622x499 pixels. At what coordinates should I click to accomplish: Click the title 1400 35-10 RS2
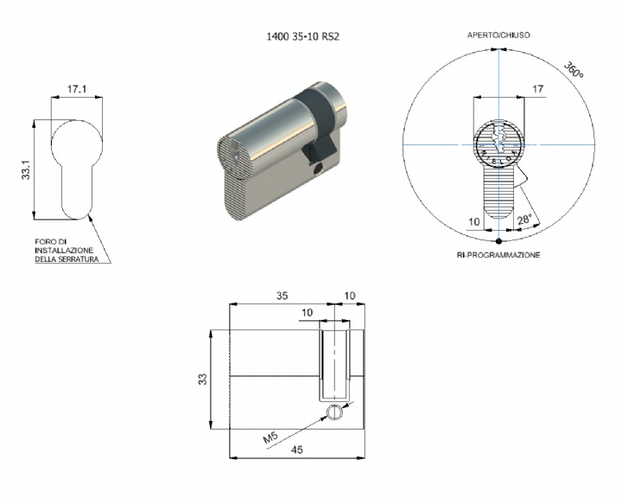click(x=302, y=36)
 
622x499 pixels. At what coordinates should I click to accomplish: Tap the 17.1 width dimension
click(x=77, y=88)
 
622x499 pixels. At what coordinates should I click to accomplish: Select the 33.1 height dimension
click(x=26, y=170)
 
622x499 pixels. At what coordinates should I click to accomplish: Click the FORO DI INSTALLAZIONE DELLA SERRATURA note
click(x=67, y=251)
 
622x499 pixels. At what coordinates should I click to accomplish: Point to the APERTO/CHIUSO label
click(x=498, y=35)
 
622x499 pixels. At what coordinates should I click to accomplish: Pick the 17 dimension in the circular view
click(x=537, y=89)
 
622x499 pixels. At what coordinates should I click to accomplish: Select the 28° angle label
click(x=524, y=219)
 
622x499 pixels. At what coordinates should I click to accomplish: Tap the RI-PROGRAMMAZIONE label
click(x=498, y=255)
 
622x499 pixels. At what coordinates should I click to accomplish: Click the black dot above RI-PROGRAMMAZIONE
click(x=499, y=241)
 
